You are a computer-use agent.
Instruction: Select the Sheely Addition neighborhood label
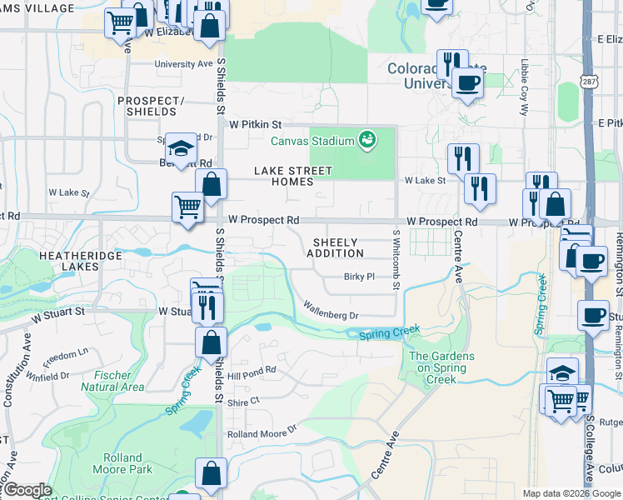[338, 247]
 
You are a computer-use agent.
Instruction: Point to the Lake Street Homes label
[293, 176]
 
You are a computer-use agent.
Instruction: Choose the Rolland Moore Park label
[128, 463]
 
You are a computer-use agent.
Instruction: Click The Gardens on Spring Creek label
[441, 367]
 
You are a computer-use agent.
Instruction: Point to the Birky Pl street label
[359, 277]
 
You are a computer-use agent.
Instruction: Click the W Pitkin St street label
[257, 124]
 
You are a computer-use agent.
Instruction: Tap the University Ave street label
[183, 63]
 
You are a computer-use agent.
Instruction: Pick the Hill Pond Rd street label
[252, 376]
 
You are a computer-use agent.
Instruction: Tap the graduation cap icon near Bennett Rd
[179, 148]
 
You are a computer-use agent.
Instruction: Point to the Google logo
[27, 490]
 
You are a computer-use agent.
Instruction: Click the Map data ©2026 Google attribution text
[571, 493]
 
